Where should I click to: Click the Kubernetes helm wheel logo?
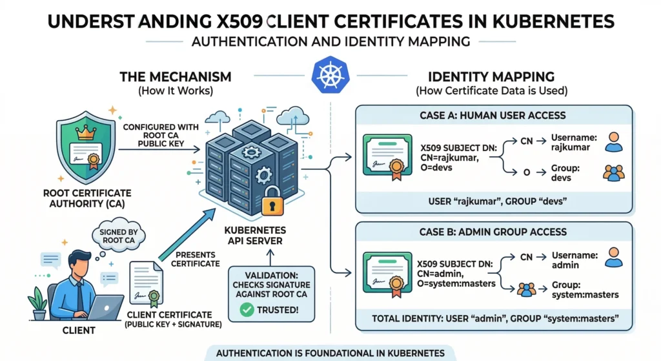329,76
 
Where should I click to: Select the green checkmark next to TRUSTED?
244,309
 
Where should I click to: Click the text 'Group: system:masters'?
585,289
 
